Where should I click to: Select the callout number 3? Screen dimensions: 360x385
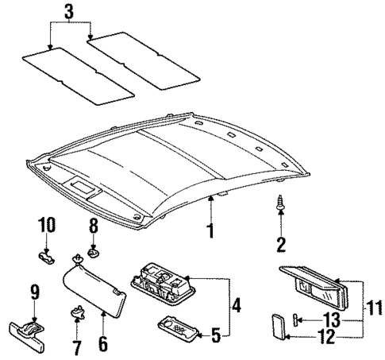click(70, 13)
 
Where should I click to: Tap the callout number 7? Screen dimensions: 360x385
click(77, 348)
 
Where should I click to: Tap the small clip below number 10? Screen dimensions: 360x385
click(47, 254)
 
